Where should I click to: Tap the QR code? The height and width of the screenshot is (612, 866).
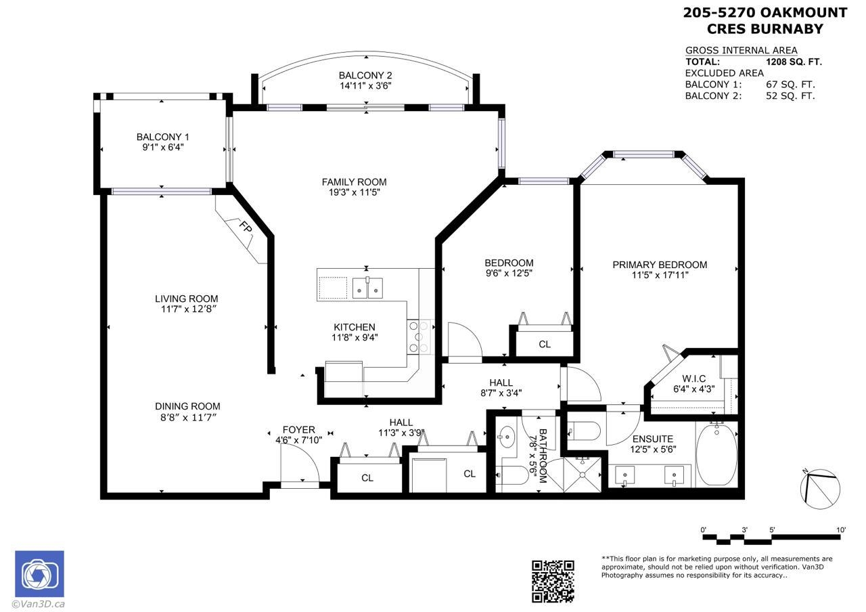point(553,582)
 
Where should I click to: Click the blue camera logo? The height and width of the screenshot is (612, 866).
point(39,574)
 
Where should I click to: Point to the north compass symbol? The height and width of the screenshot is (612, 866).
point(820,489)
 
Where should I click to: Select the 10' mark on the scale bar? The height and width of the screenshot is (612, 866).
point(841,530)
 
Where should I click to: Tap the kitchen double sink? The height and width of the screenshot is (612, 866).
point(367,288)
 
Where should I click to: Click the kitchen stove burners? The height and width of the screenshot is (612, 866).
point(419,336)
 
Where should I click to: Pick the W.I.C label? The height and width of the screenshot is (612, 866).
point(693,378)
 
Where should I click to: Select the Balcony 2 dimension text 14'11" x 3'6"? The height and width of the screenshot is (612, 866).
point(365,85)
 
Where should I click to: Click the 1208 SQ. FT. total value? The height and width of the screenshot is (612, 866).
point(794,62)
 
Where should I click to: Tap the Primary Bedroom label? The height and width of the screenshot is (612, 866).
point(660,265)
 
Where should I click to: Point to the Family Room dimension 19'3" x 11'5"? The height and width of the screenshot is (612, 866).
point(354,192)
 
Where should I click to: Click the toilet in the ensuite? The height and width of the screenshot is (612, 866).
point(584,430)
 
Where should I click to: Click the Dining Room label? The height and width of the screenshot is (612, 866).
point(187,406)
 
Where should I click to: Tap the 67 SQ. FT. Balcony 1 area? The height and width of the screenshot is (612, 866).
point(790,85)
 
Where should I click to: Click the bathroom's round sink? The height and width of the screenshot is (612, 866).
point(507,437)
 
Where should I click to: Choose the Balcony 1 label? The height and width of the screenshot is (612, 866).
point(162,137)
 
